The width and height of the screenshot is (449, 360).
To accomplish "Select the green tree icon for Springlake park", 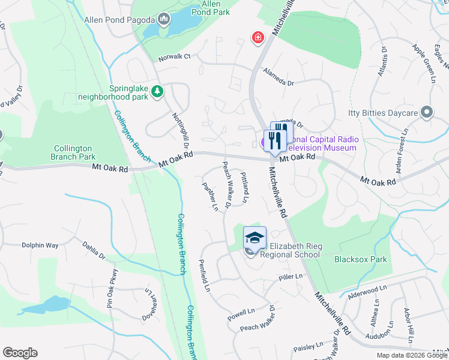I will (157, 91).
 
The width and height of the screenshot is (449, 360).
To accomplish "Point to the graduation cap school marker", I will (255, 238).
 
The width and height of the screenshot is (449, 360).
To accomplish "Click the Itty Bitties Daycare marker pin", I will (427, 112).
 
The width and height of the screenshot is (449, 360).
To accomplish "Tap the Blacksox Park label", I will (360, 259).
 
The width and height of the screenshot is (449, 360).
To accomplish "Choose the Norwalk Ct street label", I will (174, 57).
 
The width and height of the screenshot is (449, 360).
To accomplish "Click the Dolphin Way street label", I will (40, 245).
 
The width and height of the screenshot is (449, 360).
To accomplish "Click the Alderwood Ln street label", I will (363, 290).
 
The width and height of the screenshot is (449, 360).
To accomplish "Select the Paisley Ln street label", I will (309, 347).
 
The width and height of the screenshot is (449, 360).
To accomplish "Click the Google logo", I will (20, 353).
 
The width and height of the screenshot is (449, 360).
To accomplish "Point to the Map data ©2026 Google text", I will (411, 355).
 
